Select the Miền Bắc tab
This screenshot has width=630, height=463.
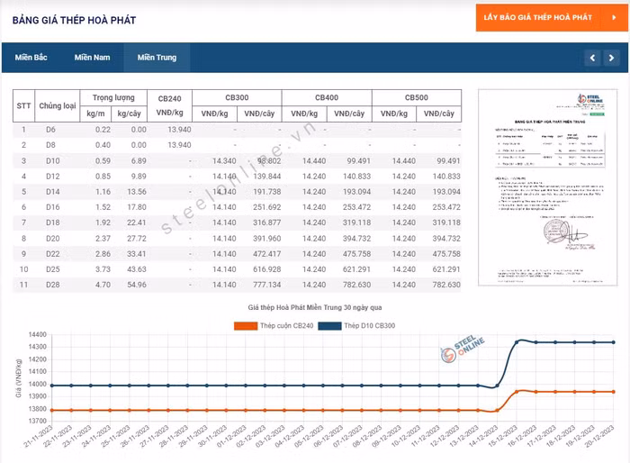(x=31, y=58)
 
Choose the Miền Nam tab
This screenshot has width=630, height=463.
(x=92, y=58)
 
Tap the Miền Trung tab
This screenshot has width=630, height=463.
(x=157, y=58)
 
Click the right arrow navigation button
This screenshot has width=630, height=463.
(x=612, y=59)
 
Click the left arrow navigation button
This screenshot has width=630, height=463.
(x=591, y=59)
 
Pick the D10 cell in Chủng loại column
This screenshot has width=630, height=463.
(x=51, y=160)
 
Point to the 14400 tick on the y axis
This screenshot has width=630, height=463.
(x=37, y=348)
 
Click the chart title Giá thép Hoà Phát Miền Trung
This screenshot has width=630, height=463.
(x=315, y=308)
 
